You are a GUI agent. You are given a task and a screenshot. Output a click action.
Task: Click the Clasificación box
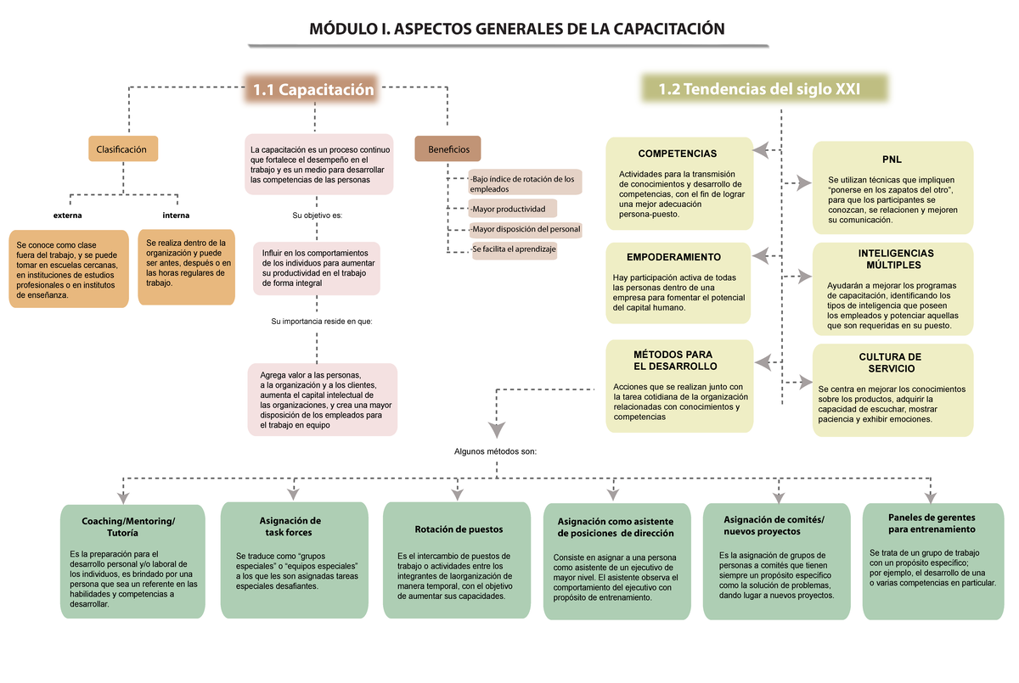122,149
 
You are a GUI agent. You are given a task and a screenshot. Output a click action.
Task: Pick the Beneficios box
448,149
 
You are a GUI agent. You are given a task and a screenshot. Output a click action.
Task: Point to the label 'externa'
68,215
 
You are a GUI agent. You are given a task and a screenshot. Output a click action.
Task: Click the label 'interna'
176,215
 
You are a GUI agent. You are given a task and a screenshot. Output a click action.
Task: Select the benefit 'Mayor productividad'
509,209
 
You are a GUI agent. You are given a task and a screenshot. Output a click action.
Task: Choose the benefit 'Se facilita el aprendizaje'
514,249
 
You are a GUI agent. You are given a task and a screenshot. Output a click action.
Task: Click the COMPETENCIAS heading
677,154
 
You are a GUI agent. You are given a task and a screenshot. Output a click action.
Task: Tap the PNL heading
892,160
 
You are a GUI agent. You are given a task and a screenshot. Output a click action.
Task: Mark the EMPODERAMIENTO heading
673,257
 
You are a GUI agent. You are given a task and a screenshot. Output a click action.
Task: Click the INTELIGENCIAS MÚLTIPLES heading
896,260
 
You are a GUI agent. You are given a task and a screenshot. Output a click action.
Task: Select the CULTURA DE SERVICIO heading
890,363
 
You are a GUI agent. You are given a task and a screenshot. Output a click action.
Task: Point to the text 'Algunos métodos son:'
496,452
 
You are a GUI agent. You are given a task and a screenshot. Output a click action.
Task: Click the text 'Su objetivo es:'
318,216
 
